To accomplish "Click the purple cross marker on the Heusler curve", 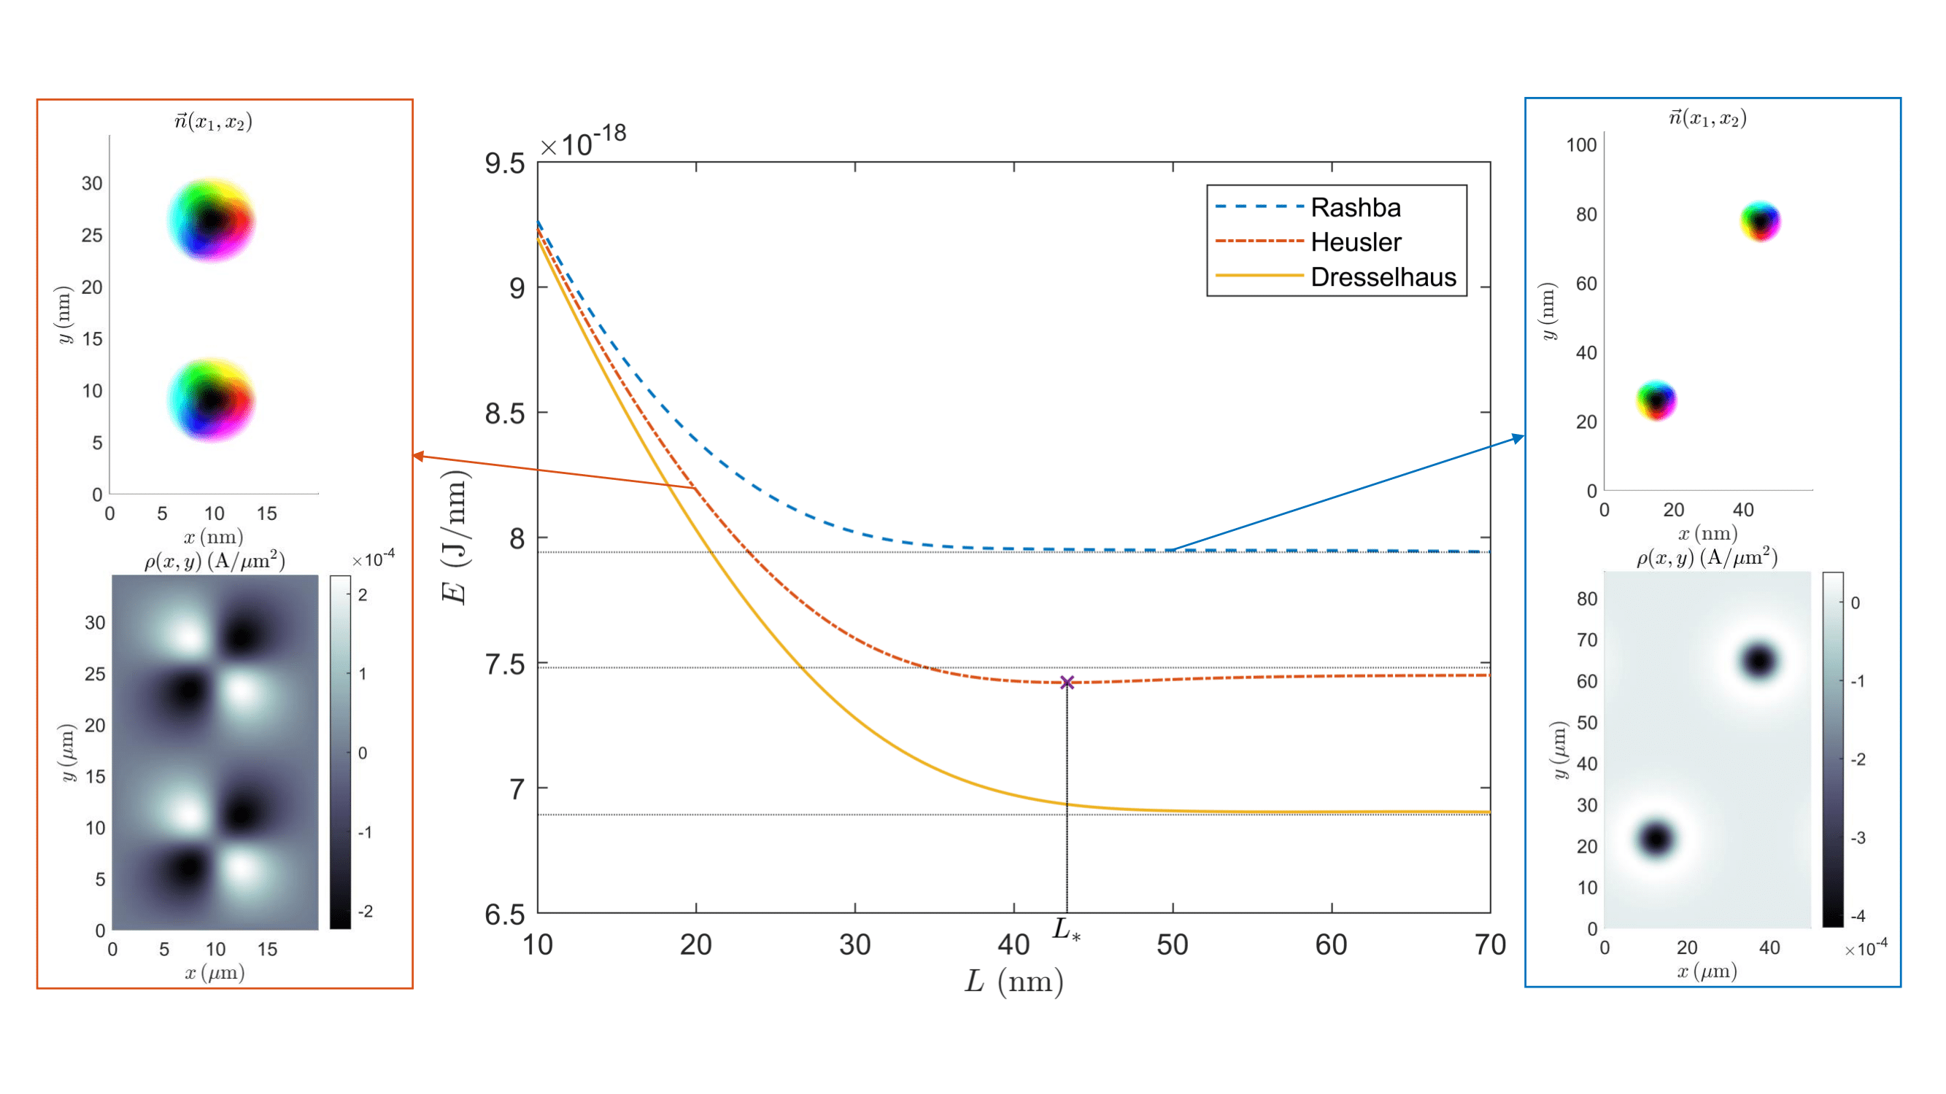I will click(x=1067, y=683).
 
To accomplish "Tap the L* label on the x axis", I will click(x=1067, y=929).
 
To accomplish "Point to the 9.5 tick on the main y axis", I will click(x=505, y=163).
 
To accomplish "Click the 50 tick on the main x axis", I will click(x=1173, y=944).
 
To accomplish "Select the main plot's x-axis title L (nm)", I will click(x=1013, y=982).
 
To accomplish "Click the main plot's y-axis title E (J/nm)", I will click(x=455, y=537).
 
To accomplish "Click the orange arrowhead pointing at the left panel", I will click(x=418, y=455).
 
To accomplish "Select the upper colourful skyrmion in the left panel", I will click(x=212, y=220).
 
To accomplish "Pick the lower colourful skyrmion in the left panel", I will click(x=212, y=400).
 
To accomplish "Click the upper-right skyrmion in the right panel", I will click(x=1761, y=221).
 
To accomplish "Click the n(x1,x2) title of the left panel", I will click(x=213, y=122).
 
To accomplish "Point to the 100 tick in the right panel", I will click(x=1581, y=145).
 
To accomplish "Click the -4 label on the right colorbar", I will click(x=1858, y=916).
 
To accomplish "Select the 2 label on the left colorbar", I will click(x=363, y=595).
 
